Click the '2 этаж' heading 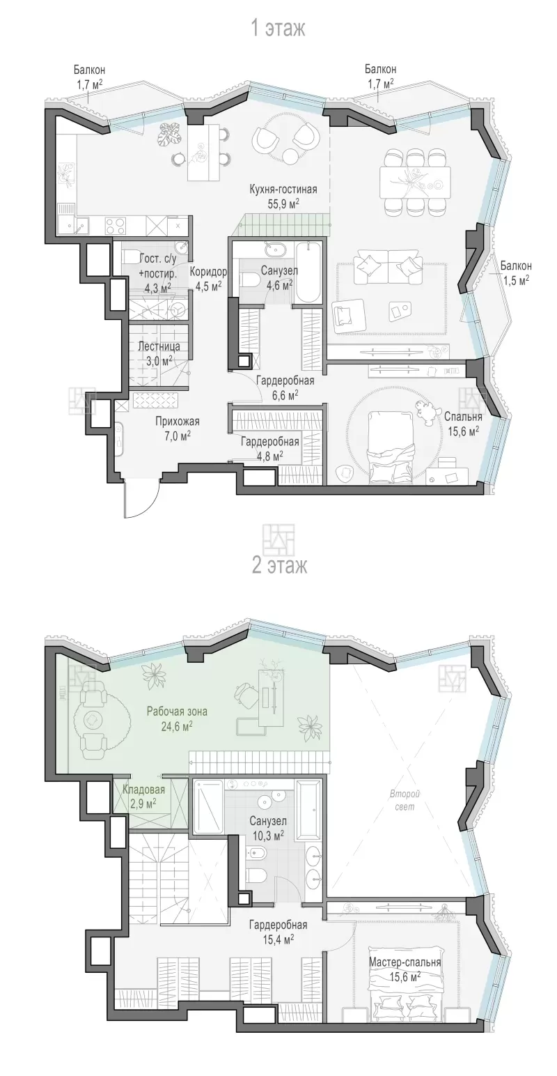point(279,565)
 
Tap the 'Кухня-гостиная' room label point(283,190)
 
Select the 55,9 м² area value point(283,203)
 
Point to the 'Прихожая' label point(177,422)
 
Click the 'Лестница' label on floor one point(159,346)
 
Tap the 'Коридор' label point(208,272)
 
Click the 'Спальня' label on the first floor point(463,417)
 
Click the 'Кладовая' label point(143,790)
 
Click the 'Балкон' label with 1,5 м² point(516,266)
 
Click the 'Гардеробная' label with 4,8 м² point(270,441)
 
